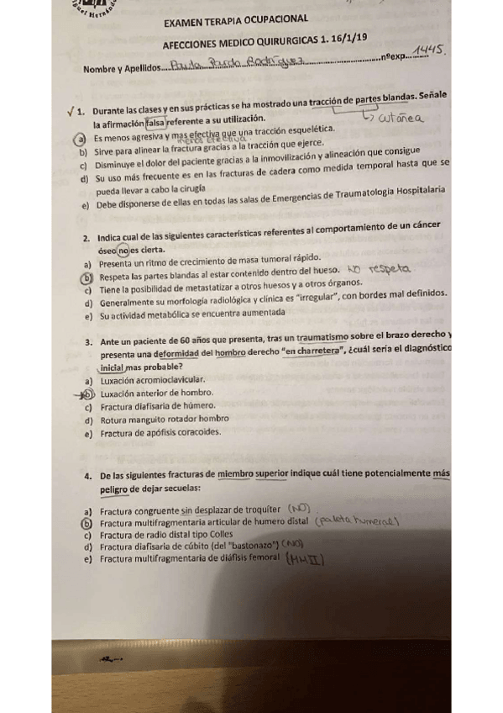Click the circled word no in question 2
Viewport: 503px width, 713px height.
pyautogui.click(x=124, y=250)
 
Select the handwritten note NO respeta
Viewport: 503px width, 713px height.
pyautogui.click(x=377, y=270)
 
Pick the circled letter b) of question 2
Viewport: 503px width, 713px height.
pyautogui.click(x=86, y=276)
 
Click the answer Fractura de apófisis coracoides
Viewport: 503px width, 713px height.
pyautogui.click(x=160, y=433)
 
